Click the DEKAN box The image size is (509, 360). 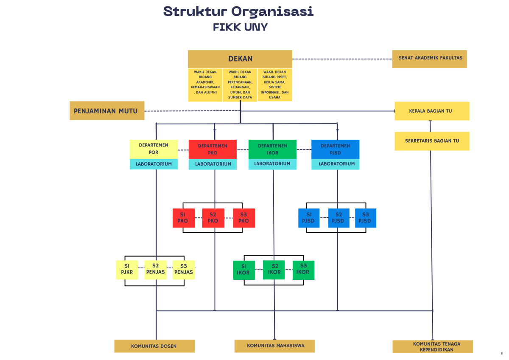point(240,59)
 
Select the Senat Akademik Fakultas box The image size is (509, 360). point(429,59)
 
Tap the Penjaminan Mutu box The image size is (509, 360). point(106,111)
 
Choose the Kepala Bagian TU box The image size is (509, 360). point(431,111)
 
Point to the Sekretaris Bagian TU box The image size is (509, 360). point(431,141)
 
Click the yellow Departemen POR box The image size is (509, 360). point(154,149)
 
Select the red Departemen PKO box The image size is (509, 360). point(213,149)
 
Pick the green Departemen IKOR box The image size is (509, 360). point(272,149)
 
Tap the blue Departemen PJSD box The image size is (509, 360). point(335,149)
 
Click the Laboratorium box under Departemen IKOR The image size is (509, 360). point(272,164)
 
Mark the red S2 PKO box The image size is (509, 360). point(213,218)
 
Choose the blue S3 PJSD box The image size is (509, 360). point(365,218)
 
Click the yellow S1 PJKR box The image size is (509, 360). point(127,270)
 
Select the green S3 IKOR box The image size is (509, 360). point(303,270)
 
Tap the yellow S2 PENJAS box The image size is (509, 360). point(155,270)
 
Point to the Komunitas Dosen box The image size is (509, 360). point(154,346)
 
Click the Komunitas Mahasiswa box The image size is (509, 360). point(275,346)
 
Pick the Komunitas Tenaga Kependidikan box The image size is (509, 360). point(432,346)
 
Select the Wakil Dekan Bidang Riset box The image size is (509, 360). point(274,85)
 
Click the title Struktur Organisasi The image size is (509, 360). point(238,11)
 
